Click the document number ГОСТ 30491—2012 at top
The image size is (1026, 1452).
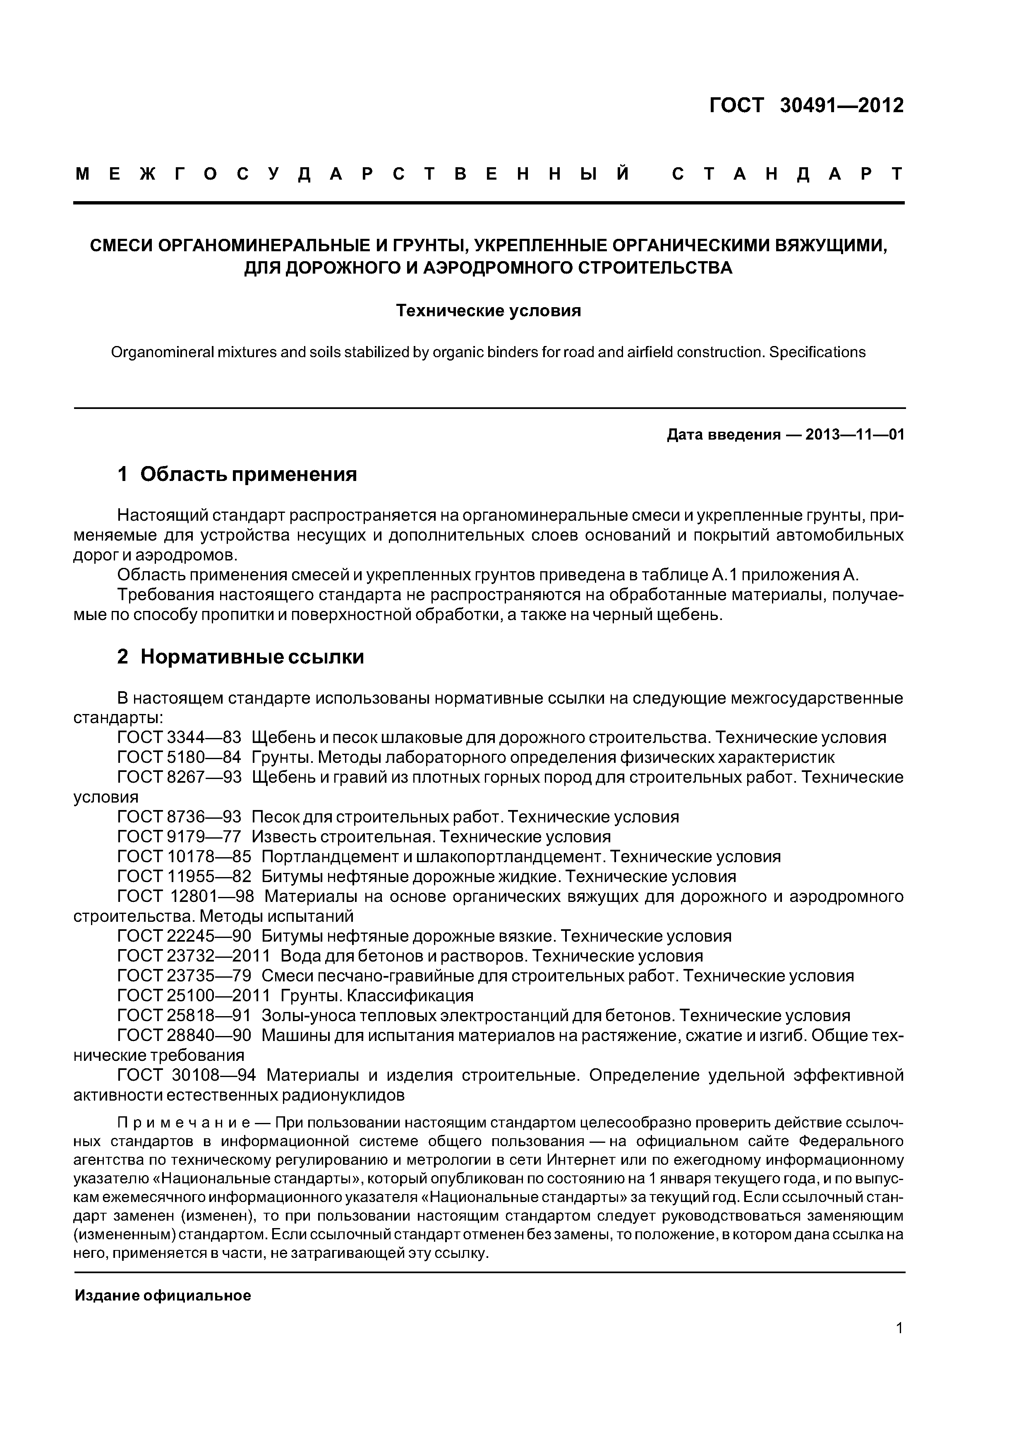click(x=806, y=106)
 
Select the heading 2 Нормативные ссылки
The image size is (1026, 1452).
click(x=240, y=656)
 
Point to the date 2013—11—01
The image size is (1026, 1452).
click(x=855, y=435)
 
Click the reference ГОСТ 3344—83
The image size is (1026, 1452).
click(x=180, y=738)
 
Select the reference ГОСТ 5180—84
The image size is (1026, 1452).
click(x=180, y=757)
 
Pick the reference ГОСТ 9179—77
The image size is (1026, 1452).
click(x=180, y=837)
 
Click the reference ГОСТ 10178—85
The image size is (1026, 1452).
click(x=184, y=856)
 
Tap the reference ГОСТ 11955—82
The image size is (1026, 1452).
click(x=184, y=877)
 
